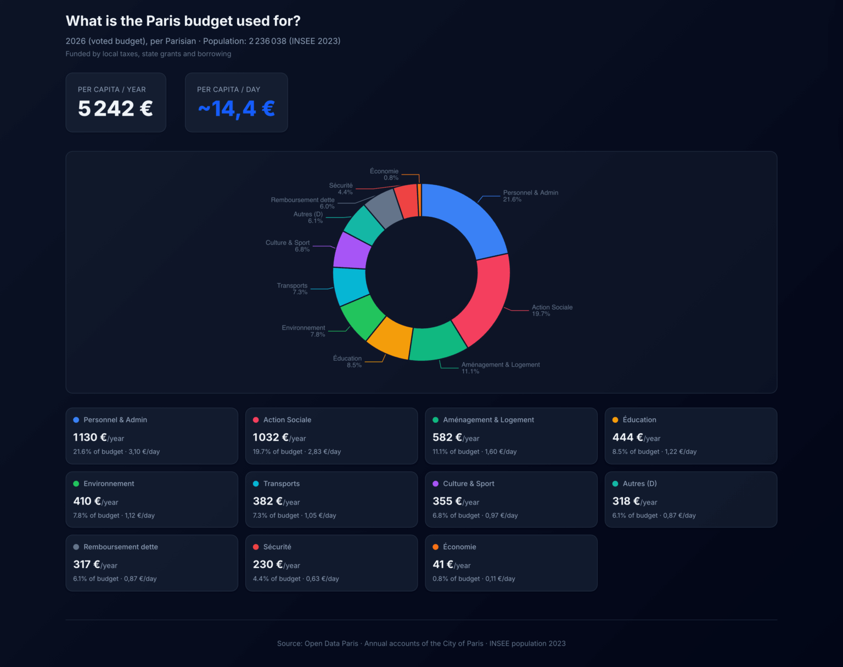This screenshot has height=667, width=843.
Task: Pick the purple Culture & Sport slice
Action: pos(352,250)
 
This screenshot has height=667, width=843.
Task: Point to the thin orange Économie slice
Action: pos(419,200)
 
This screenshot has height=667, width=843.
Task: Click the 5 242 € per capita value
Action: pos(115,109)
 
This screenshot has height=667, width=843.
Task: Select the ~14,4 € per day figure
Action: pos(236,109)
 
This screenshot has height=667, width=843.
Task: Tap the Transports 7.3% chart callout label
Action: pos(293,289)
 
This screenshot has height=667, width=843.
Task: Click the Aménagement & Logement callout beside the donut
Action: pos(500,368)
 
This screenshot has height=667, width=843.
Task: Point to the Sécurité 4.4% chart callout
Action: pos(341,189)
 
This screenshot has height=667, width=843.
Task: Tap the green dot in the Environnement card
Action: pos(76,484)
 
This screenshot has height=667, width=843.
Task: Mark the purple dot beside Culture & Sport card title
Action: pos(436,484)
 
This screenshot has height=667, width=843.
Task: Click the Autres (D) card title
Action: pos(639,484)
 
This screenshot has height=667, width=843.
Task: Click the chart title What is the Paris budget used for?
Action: pos(183,21)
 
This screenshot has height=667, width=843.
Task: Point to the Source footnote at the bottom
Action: pos(421,643)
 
